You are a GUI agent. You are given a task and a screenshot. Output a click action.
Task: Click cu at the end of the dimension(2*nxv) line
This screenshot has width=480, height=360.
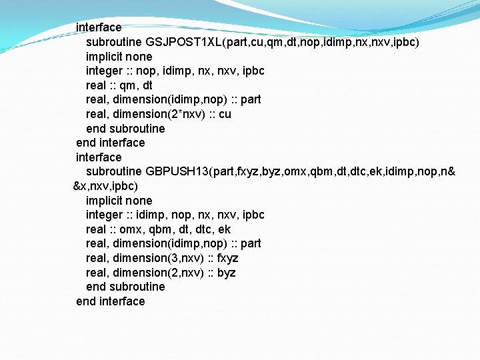[225, 114]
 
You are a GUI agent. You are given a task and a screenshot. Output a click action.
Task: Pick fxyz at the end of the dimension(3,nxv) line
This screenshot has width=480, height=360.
[228, 258]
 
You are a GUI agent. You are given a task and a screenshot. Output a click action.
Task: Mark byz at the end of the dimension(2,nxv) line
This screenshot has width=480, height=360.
[226, 273]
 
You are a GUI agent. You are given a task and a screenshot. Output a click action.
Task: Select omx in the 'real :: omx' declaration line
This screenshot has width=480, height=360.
[131, 229]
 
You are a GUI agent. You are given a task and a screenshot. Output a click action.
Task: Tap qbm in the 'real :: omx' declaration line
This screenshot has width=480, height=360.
[158, 229]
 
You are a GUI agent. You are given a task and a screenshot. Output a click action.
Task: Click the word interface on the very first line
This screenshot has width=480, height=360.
[99, 27]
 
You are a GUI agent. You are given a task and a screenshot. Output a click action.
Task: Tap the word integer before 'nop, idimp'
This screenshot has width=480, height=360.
[105, 71]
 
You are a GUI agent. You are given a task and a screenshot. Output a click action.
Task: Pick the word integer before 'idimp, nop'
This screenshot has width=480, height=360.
[105, 215]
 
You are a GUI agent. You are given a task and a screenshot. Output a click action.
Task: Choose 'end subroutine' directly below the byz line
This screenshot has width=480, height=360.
[125, 287]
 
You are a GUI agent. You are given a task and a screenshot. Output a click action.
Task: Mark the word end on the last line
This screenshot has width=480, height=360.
[86, 301]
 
